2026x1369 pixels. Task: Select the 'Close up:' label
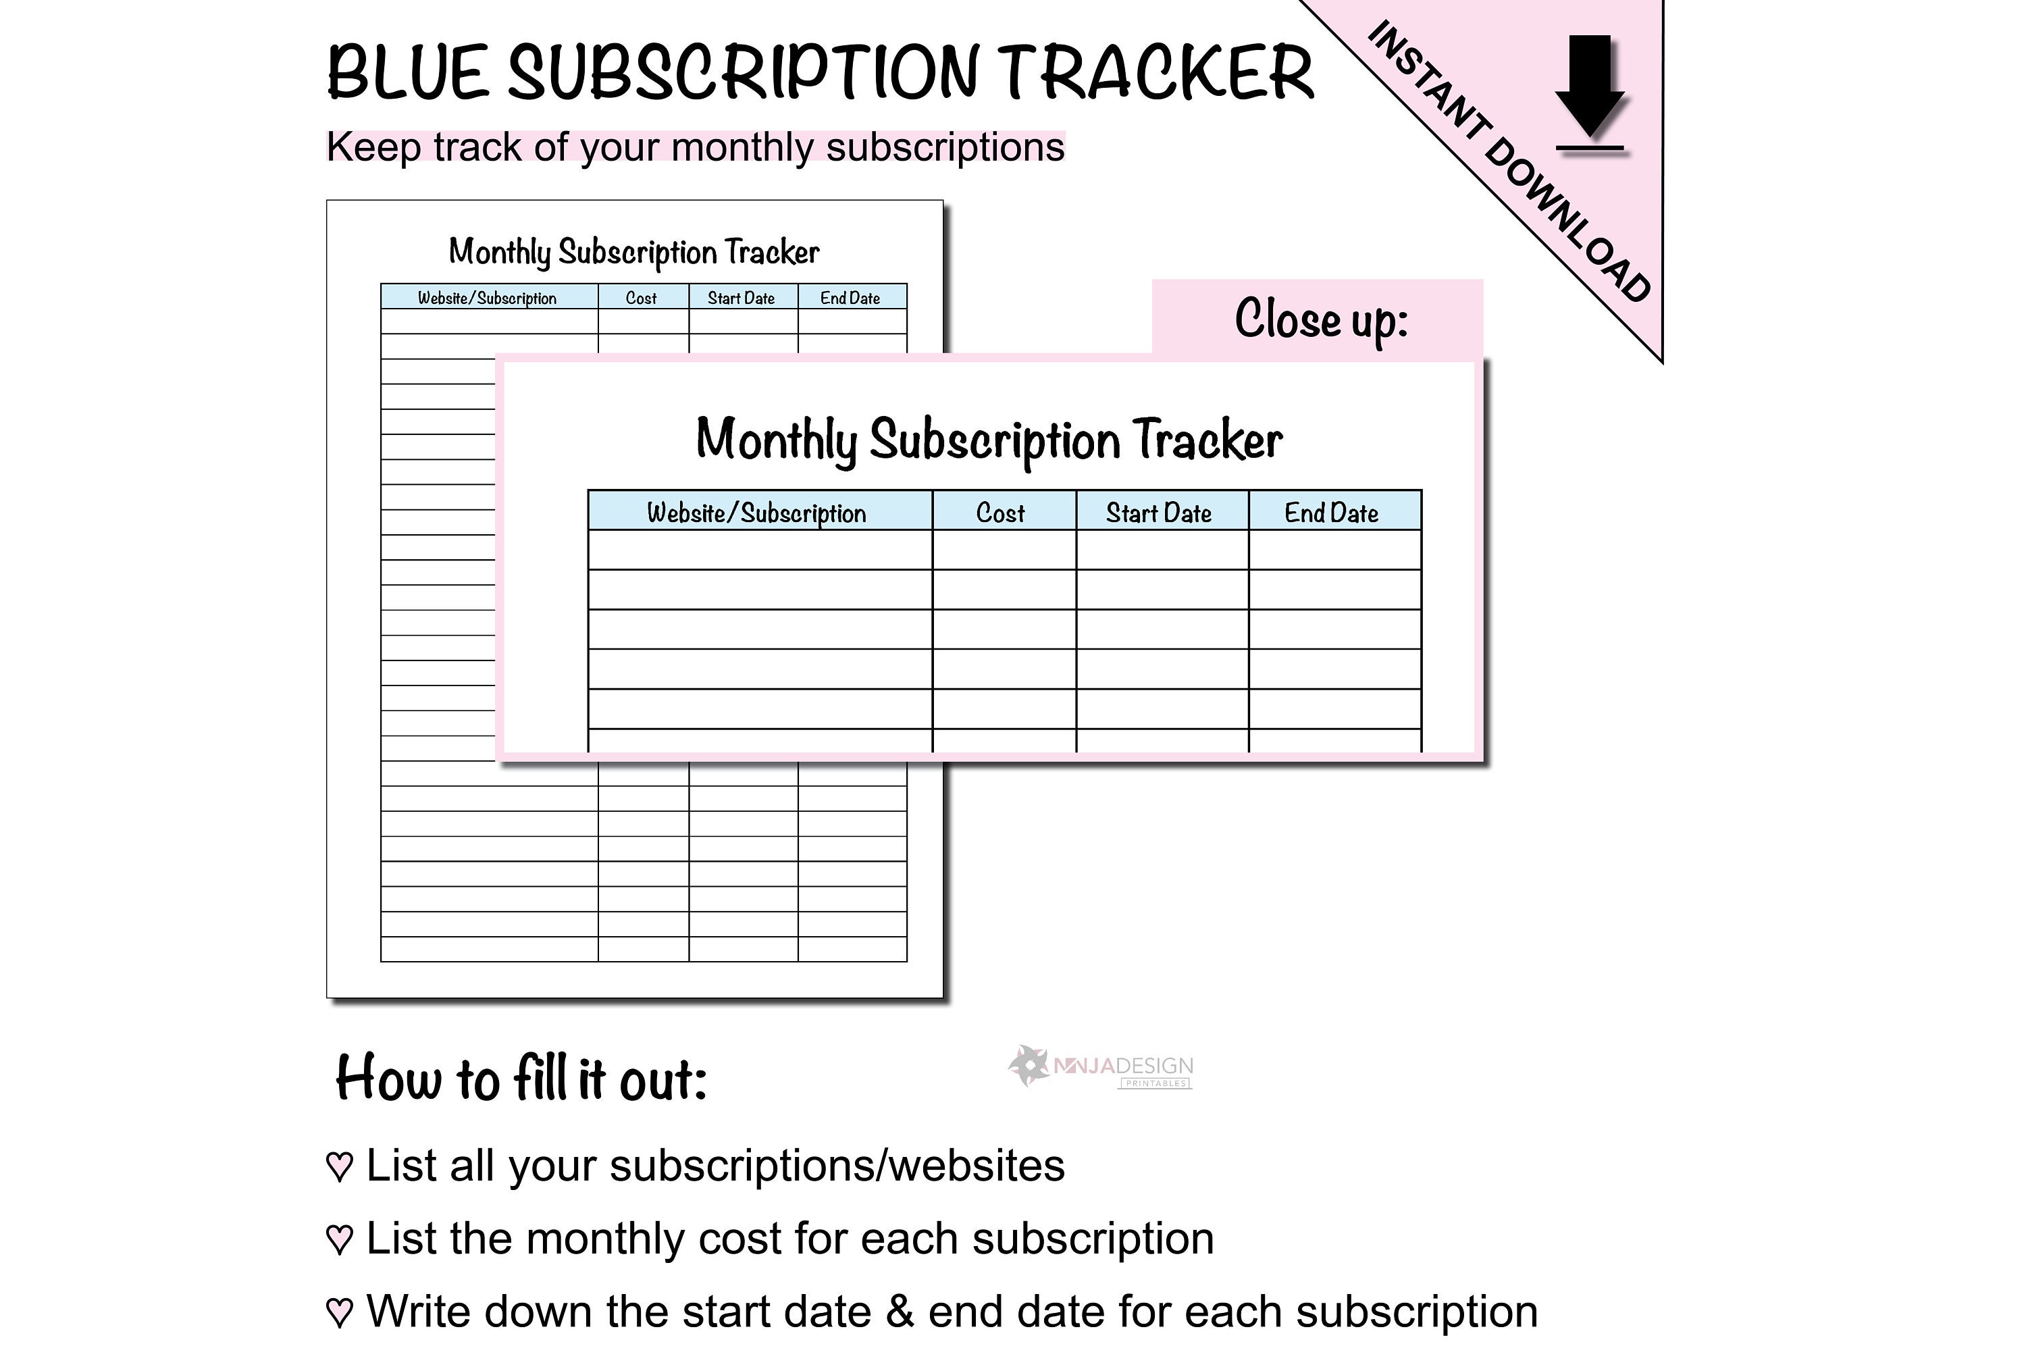[x=1321, y=319]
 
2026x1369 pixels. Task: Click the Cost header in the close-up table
[x=1000, y=513]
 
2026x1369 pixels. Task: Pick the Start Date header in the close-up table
[x=1159, y=513]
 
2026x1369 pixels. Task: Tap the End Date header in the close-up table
[x=1331, y=513]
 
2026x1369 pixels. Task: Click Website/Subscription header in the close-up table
[x=756, y=513]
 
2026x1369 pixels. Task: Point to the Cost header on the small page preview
[x=641, y=299]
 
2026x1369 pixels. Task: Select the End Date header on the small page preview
[x=850, y=299]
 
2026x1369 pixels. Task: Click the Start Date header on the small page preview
[x=741, y=299]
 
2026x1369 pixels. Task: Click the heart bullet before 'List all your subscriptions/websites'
[x=339, y=1166]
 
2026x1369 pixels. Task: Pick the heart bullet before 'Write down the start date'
[x=339, y=1312]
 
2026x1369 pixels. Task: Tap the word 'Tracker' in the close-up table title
[x=1207, y=440]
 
